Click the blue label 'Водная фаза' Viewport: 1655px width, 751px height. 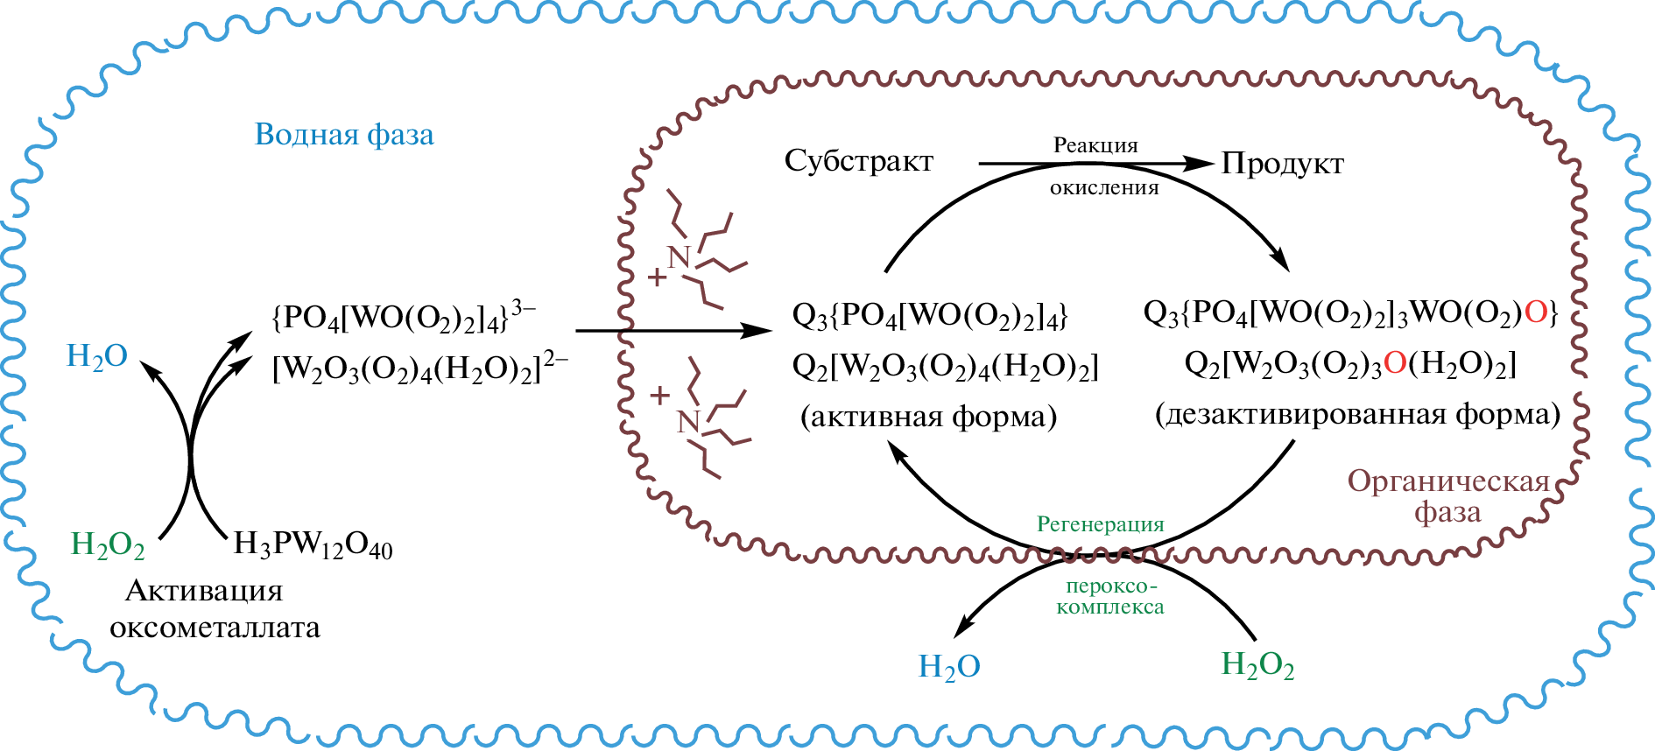coord(344,135)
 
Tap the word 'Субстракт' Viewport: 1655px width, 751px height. coord(858,161)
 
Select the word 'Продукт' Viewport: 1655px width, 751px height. coord(1282,164)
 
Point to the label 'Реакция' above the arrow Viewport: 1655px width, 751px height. coord(1095,145)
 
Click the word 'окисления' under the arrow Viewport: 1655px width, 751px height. coord(1104,187)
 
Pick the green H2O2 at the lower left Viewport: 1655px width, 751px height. coord(107,544)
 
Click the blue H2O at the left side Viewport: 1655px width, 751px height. coord(97,356)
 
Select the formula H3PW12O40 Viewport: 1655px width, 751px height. coord(313,545)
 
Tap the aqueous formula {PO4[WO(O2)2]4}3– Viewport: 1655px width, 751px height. coord(404,316)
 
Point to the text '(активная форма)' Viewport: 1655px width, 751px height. coord(928,417)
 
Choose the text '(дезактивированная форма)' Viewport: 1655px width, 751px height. coord(1357,414)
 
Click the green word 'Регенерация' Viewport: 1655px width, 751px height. coord(1100,524)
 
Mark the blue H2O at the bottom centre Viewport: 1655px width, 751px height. coord(948,667)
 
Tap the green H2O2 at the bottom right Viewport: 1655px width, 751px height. coord(1257,665)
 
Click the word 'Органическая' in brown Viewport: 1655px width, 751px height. coord(1448,481)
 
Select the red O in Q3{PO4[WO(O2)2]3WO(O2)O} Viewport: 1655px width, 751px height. coord(1536,312)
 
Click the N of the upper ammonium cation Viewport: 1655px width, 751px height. coord(679,257)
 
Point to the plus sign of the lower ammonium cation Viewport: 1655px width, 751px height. coord(660,396)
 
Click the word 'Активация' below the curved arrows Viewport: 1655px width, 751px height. coord(204,591)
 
